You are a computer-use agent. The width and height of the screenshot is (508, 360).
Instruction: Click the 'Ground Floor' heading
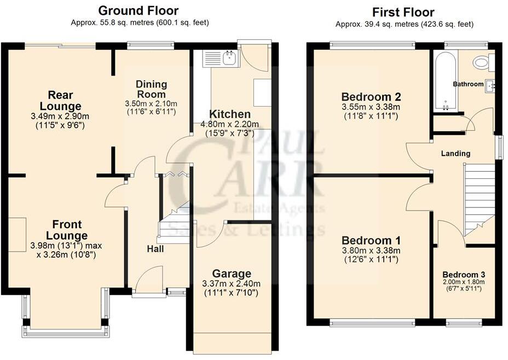tap(137, 10)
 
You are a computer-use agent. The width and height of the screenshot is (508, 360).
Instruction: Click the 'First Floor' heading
tap(403, 12)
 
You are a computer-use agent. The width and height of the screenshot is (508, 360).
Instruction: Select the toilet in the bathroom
tap(482, 63)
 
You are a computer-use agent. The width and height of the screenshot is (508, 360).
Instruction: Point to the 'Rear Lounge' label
tap(64, 101)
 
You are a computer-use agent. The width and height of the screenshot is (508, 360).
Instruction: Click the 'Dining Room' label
tap(152, 89)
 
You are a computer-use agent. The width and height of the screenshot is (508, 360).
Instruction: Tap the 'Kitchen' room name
tap(229, 114)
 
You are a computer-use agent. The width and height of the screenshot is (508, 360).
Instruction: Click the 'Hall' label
tap(155, 249)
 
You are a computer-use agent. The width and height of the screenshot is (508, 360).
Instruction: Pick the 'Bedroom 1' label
tap(371, 241)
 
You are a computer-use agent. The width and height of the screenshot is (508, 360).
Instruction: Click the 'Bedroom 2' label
tap(371, 97)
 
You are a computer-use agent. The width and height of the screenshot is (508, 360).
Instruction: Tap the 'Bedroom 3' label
tap(463, 275)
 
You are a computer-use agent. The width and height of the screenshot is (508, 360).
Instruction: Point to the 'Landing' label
tap(455, 154)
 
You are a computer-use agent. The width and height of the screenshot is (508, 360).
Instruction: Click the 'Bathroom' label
tap(467, 84)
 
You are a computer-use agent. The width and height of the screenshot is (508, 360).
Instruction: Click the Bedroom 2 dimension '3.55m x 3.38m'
tap(371, 107)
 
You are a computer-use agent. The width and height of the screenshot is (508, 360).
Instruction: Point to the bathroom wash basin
tap(490, 85)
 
